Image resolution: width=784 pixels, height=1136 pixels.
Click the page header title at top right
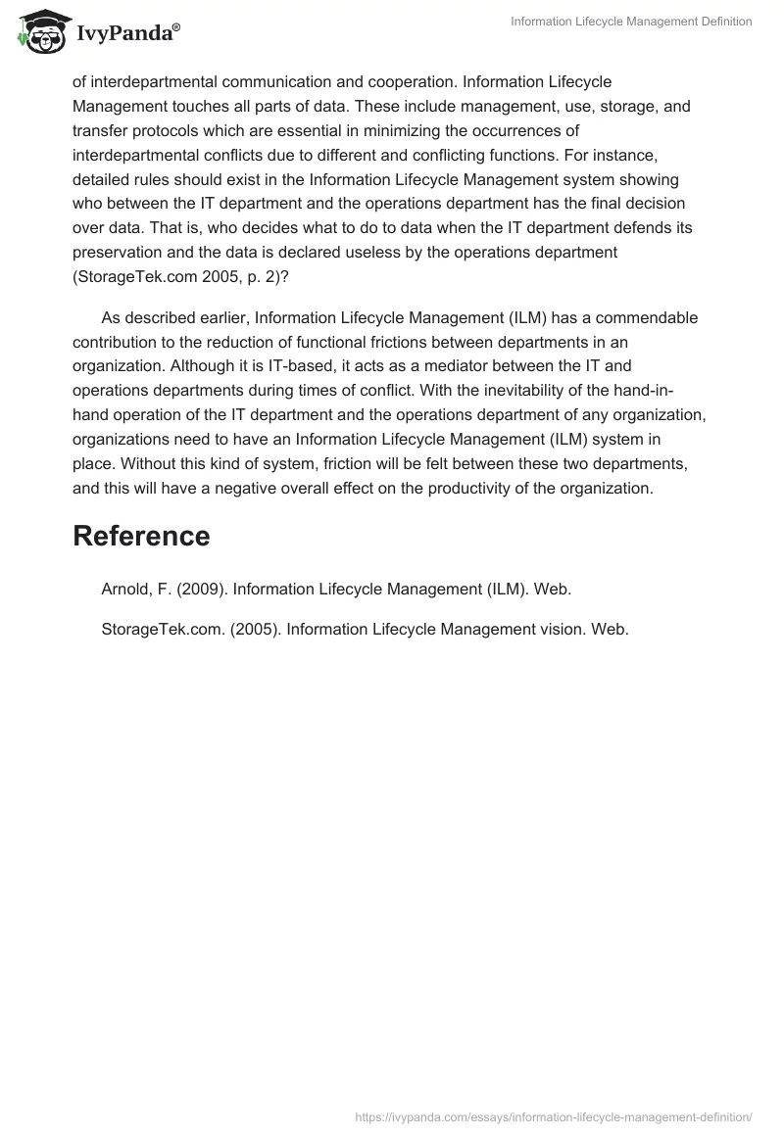pos(631,22)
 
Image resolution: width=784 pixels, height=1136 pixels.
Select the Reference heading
pos(141,536)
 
